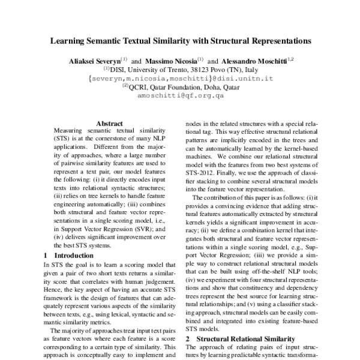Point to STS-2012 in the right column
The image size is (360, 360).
click(202, 178)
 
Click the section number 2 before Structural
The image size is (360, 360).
click(187, 338)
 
